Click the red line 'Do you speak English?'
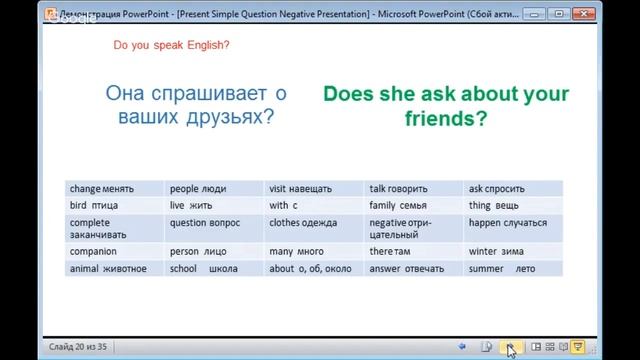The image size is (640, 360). pyautogui.click(x=172, y=45)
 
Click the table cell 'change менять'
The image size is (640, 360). pyautogui.click(x=101, y=188)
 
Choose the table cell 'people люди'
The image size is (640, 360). pyautogui.click(x=200, y=188)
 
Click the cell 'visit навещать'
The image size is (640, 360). pyautogui.click(x=302, y=188)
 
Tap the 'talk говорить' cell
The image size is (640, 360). pyautogui.click(x=398, y=188)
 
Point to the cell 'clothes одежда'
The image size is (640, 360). pyautogui.click(x=303, y=223)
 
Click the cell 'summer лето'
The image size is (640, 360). pyautogui.click(x=502, y=268)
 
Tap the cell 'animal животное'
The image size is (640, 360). pyautogui.click(x=108, y=268)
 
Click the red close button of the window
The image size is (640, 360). pyautogui.click(x=613, y=14)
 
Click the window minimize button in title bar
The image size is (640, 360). pyautogui.click(x=561, y=14)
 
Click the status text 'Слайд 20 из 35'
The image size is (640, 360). pyautogui.click(x=80, y=347)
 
